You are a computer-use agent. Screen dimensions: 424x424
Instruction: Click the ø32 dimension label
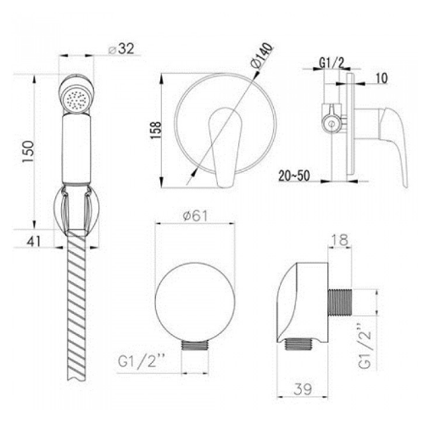(x=121, y=49)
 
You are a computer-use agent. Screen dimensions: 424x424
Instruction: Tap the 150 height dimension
(x=29, y=152)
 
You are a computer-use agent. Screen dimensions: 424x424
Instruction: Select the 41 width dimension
(x=34, y=242)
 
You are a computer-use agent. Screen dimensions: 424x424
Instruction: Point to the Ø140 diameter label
(x=262, y=56)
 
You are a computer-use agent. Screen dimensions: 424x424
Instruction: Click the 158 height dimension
(x=155, y=130)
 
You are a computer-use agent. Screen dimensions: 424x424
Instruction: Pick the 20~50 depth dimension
(x=294, y=176)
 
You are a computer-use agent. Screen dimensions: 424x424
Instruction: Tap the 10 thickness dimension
(x=382, y=78)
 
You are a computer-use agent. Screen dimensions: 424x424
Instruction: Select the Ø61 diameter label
(x=195, y=216)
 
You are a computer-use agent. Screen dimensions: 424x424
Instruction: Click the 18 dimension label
(x=340, y=240)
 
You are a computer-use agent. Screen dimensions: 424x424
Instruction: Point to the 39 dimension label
(x=303, y=389)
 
